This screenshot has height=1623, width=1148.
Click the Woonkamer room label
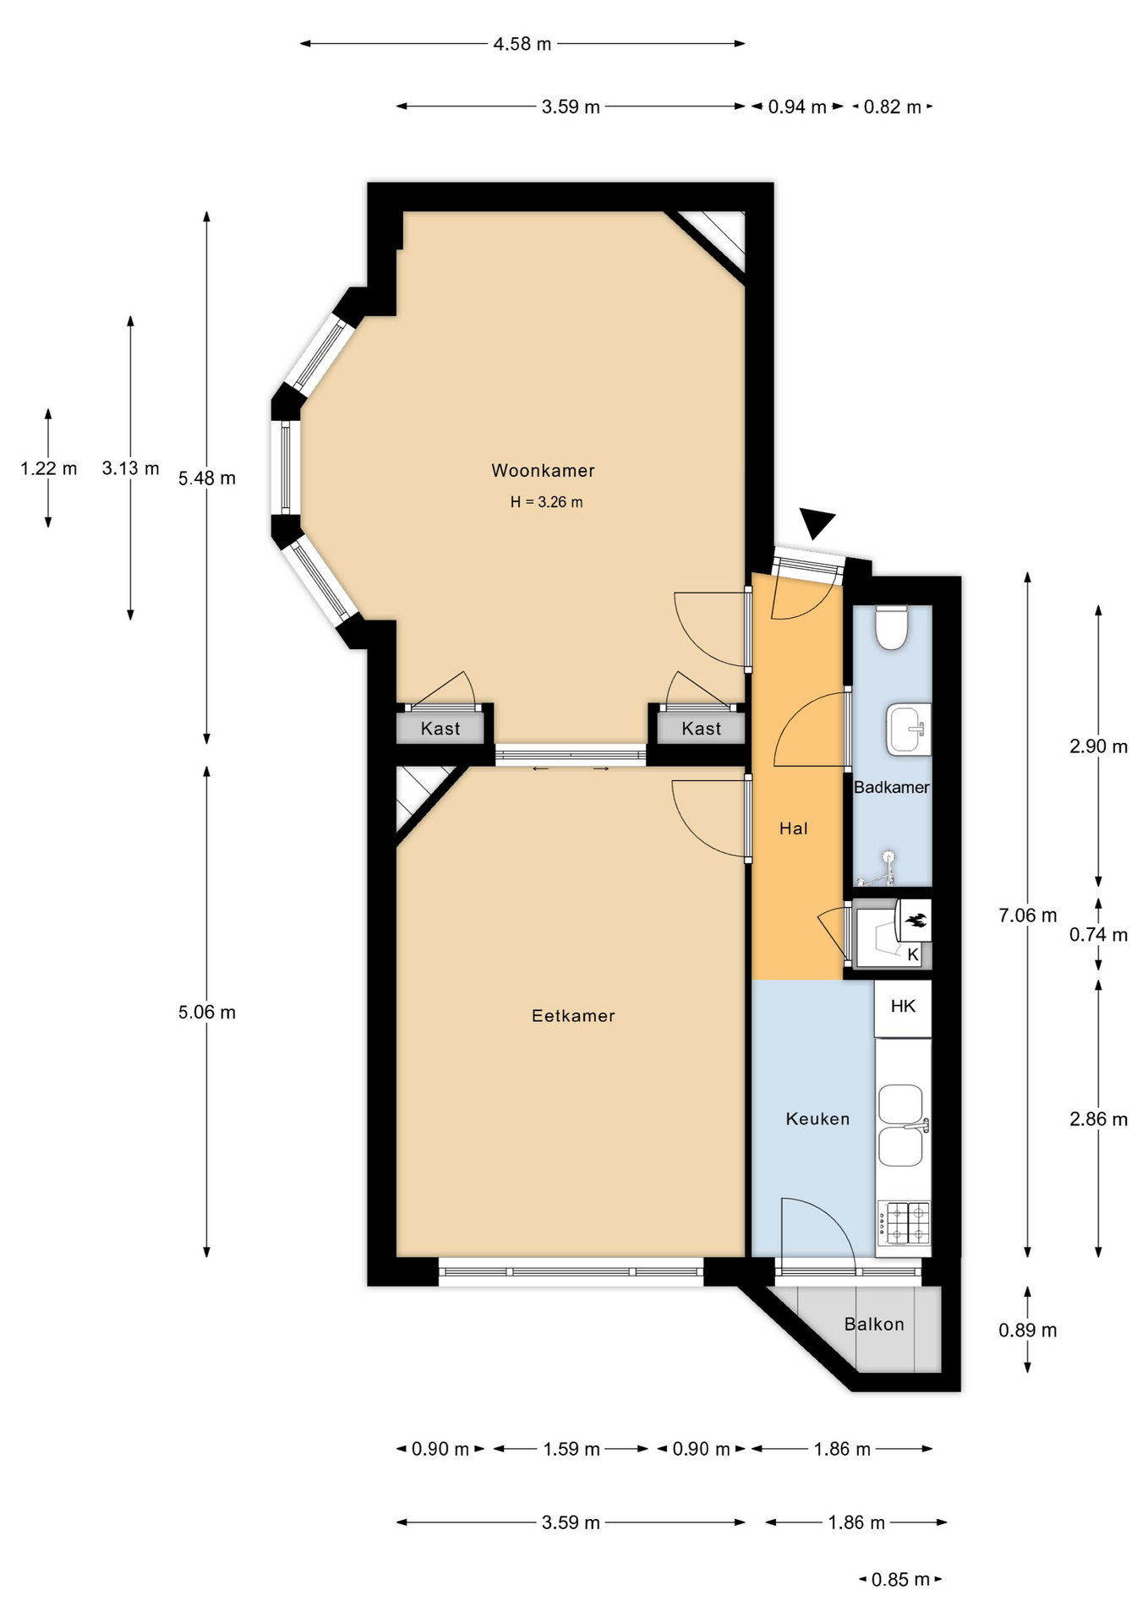coord(543,470)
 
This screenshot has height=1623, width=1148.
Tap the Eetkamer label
coord(573,1015)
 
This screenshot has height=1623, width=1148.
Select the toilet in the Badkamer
coord(891,627)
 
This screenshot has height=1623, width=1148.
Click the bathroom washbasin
coord(908,729)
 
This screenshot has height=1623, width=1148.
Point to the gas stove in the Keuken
coord(904,1223)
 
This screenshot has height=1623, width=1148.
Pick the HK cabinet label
coord(903,1006)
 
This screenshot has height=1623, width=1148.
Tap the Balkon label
coord(874,1324)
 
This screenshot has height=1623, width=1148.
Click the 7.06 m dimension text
coord(1027,915)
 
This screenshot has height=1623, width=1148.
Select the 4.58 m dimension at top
coord(522,44)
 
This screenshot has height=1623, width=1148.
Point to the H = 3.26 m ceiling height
coord(546,502)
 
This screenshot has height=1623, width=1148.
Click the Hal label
coord(793,828)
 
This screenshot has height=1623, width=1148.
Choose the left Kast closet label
coord(440,729)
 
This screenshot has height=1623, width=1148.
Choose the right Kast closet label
coord(702,729)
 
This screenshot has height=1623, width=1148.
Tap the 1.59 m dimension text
coord(571,1449)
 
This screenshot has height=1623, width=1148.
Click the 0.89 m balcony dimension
coord(1027,1330)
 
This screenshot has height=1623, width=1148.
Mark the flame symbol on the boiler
coord(916,921)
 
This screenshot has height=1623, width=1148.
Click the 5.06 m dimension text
coord(206,1012)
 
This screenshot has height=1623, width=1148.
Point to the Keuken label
coord(817,1118)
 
